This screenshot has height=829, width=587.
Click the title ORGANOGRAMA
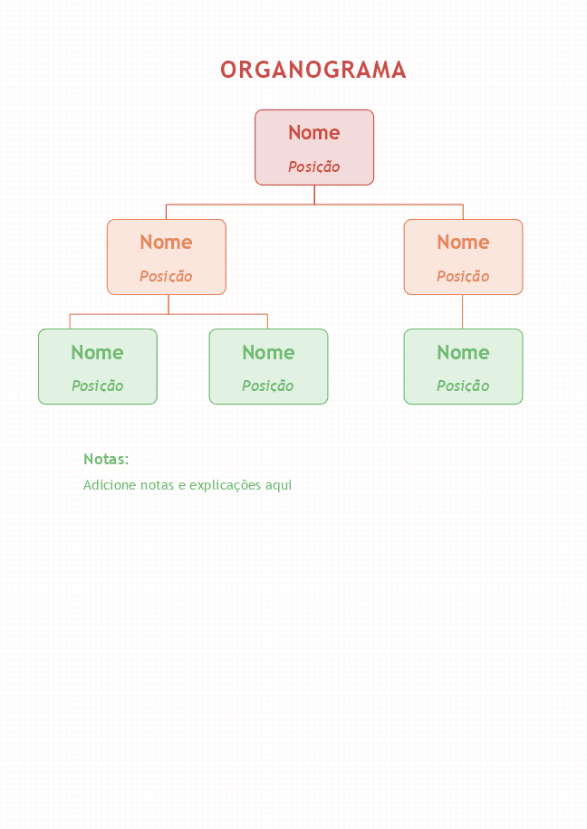[x=313, y=70]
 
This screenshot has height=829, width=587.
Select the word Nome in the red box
[x=313, y=133]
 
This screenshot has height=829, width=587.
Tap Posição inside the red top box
[x=313, y=167]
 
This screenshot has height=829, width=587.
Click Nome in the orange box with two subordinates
[x=166, y=243]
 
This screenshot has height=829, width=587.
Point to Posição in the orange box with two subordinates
[x=166, y=277]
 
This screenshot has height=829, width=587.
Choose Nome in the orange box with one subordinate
[x=463, y=243]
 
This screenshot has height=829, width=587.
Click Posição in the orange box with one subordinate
[x=463, y=277]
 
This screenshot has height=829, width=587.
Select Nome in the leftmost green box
[x=98, y=353]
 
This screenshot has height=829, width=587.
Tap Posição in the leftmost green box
[x=98, y=386]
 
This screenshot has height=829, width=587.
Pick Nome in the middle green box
[x=268, y=353]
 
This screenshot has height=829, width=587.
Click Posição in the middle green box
[x=268, y=386]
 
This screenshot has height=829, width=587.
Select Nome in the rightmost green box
[x=463, y=353]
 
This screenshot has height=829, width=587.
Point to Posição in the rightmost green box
[x=463, y=386]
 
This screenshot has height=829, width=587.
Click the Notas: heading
[x=106, y=459]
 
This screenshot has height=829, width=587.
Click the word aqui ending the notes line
[x=279, y=486]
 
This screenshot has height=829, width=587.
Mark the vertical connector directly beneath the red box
[x=314, y=195]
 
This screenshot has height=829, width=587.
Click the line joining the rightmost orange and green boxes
[x=463, y=312]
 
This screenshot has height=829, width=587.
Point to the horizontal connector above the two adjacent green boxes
[x=168, y=314]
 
